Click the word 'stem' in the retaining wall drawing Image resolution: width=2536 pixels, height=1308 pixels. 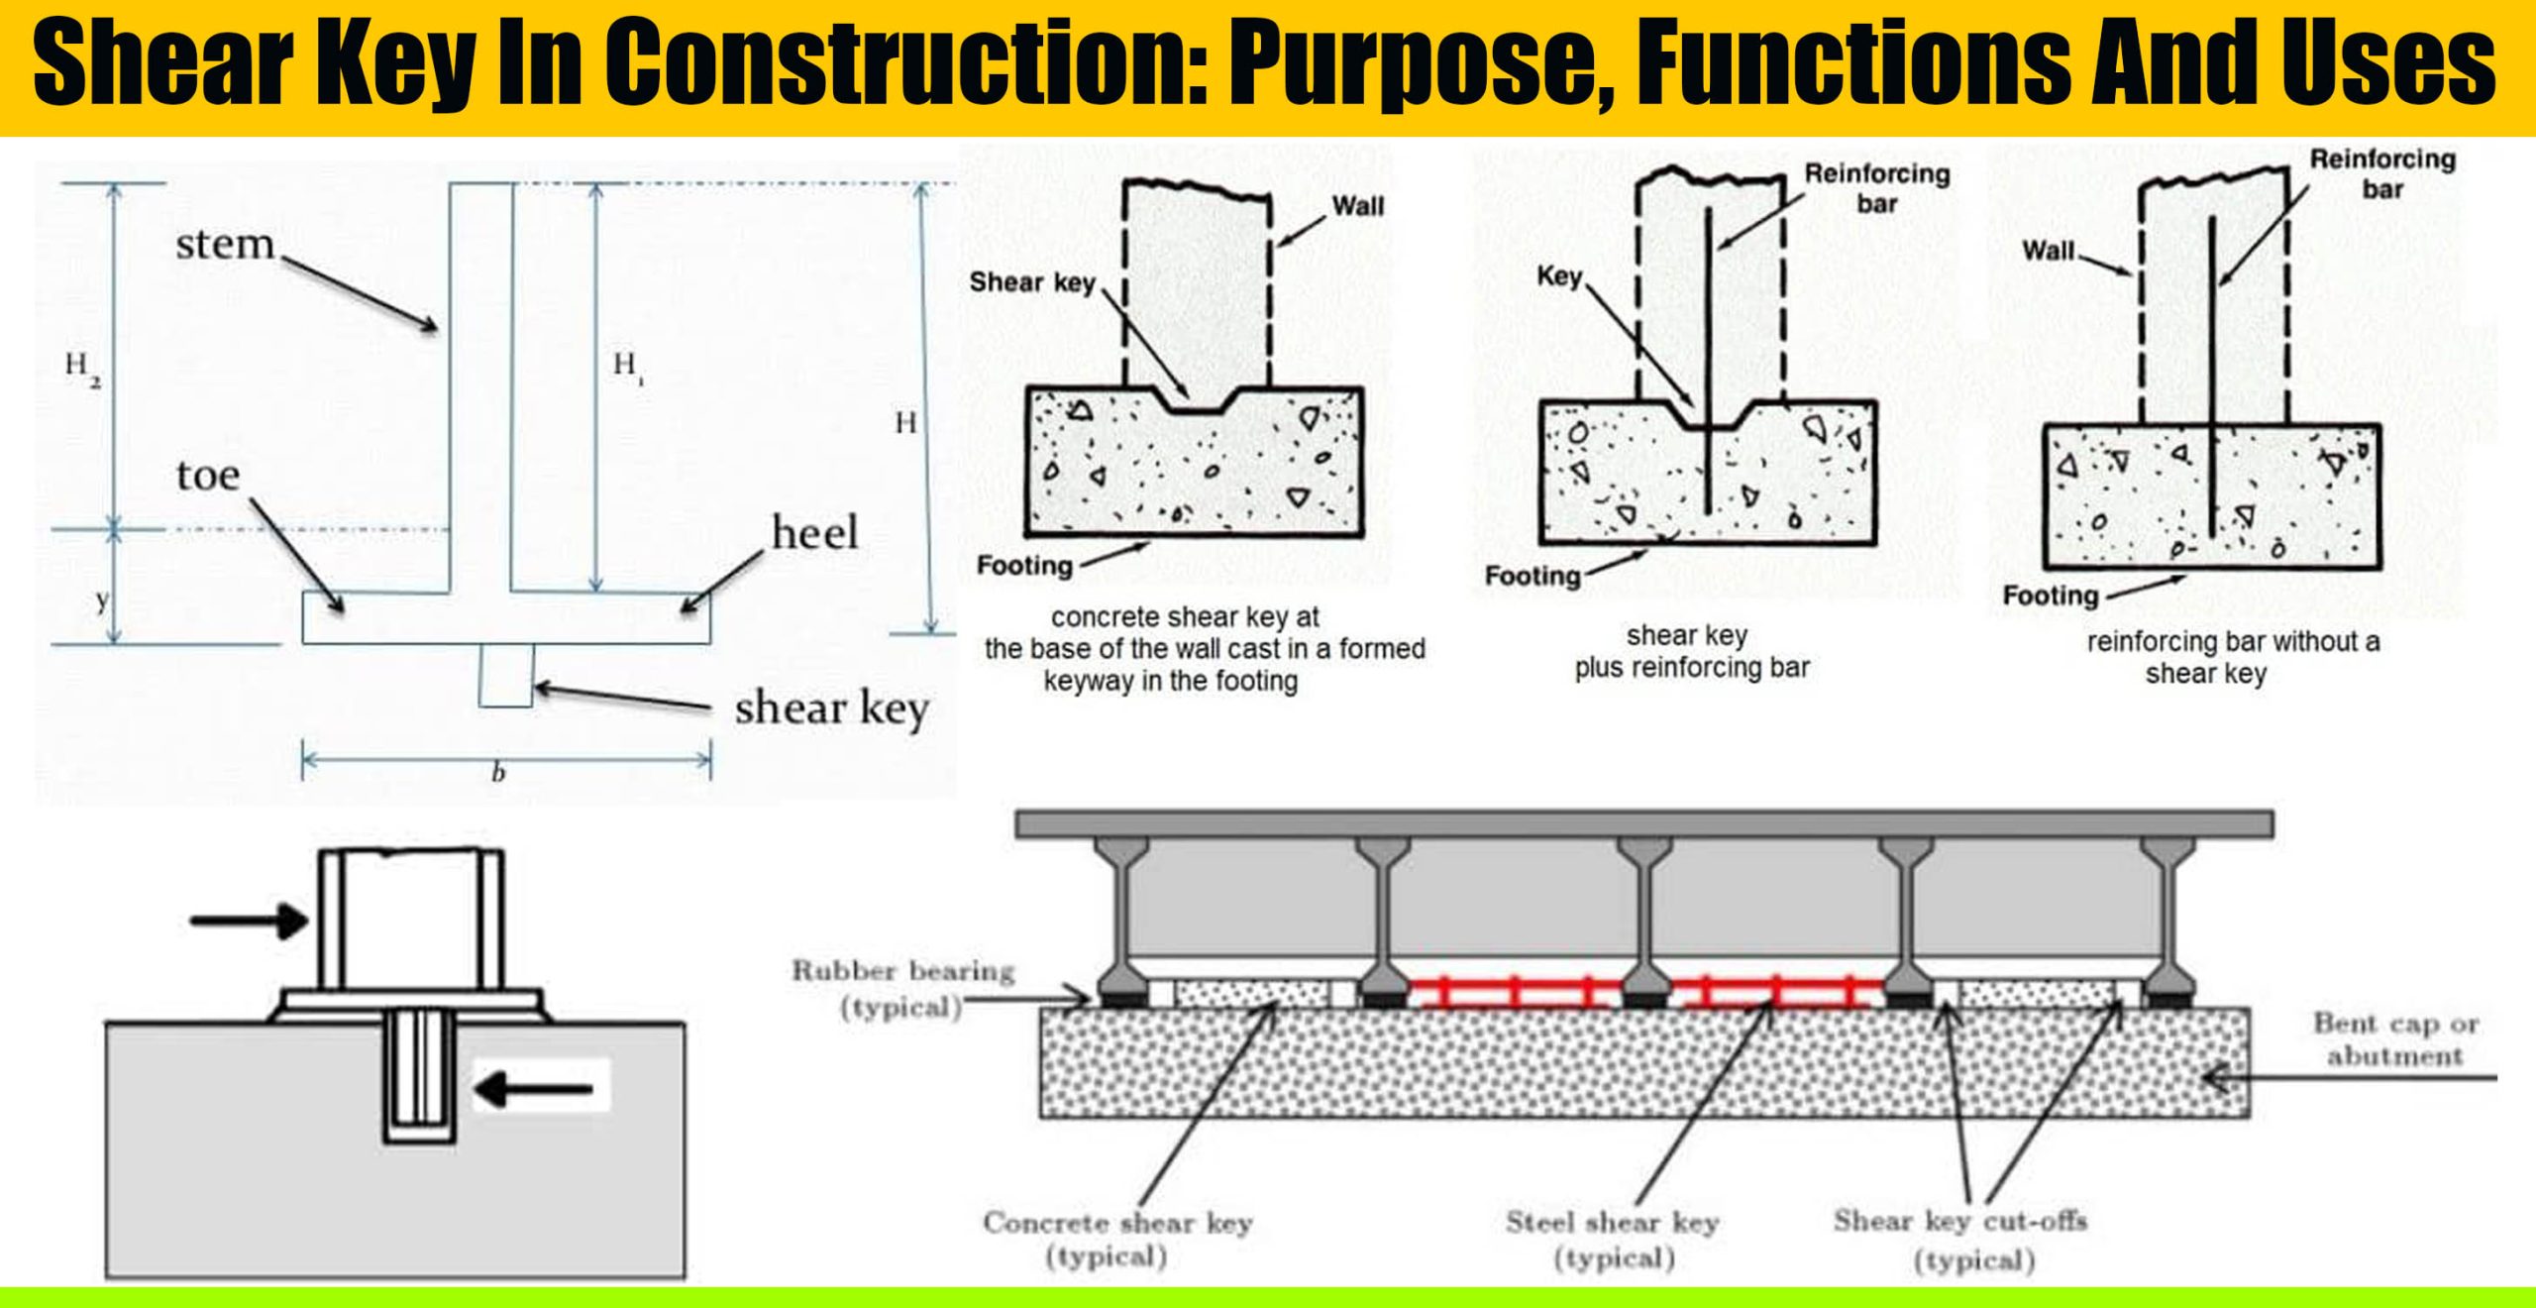pos(225,244)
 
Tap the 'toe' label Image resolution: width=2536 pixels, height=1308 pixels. pos(208,477)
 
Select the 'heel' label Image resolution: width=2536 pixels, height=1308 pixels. pos(814,534)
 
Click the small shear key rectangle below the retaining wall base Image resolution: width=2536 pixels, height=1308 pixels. pos(506,675)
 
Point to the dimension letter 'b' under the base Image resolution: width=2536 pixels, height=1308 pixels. pos(498,774)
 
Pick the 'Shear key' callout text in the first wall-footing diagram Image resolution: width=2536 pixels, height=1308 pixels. pos(1031,282)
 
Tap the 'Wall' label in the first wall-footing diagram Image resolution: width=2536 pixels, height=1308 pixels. pos(1357,206)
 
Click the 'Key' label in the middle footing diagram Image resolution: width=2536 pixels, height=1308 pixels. pos(1559,276)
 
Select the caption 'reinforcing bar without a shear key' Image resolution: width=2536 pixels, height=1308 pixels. pos(2233,657)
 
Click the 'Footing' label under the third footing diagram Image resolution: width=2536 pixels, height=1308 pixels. pos(2051,596)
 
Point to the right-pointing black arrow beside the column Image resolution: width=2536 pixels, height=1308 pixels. pos(249,921)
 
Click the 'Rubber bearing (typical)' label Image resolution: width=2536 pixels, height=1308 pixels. pos(902,989)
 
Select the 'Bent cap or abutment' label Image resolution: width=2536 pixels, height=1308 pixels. pos(2394,1038)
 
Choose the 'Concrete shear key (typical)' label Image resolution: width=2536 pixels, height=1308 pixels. pos(1116,1239)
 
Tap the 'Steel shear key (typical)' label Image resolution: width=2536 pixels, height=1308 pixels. pos(1612,1239)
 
